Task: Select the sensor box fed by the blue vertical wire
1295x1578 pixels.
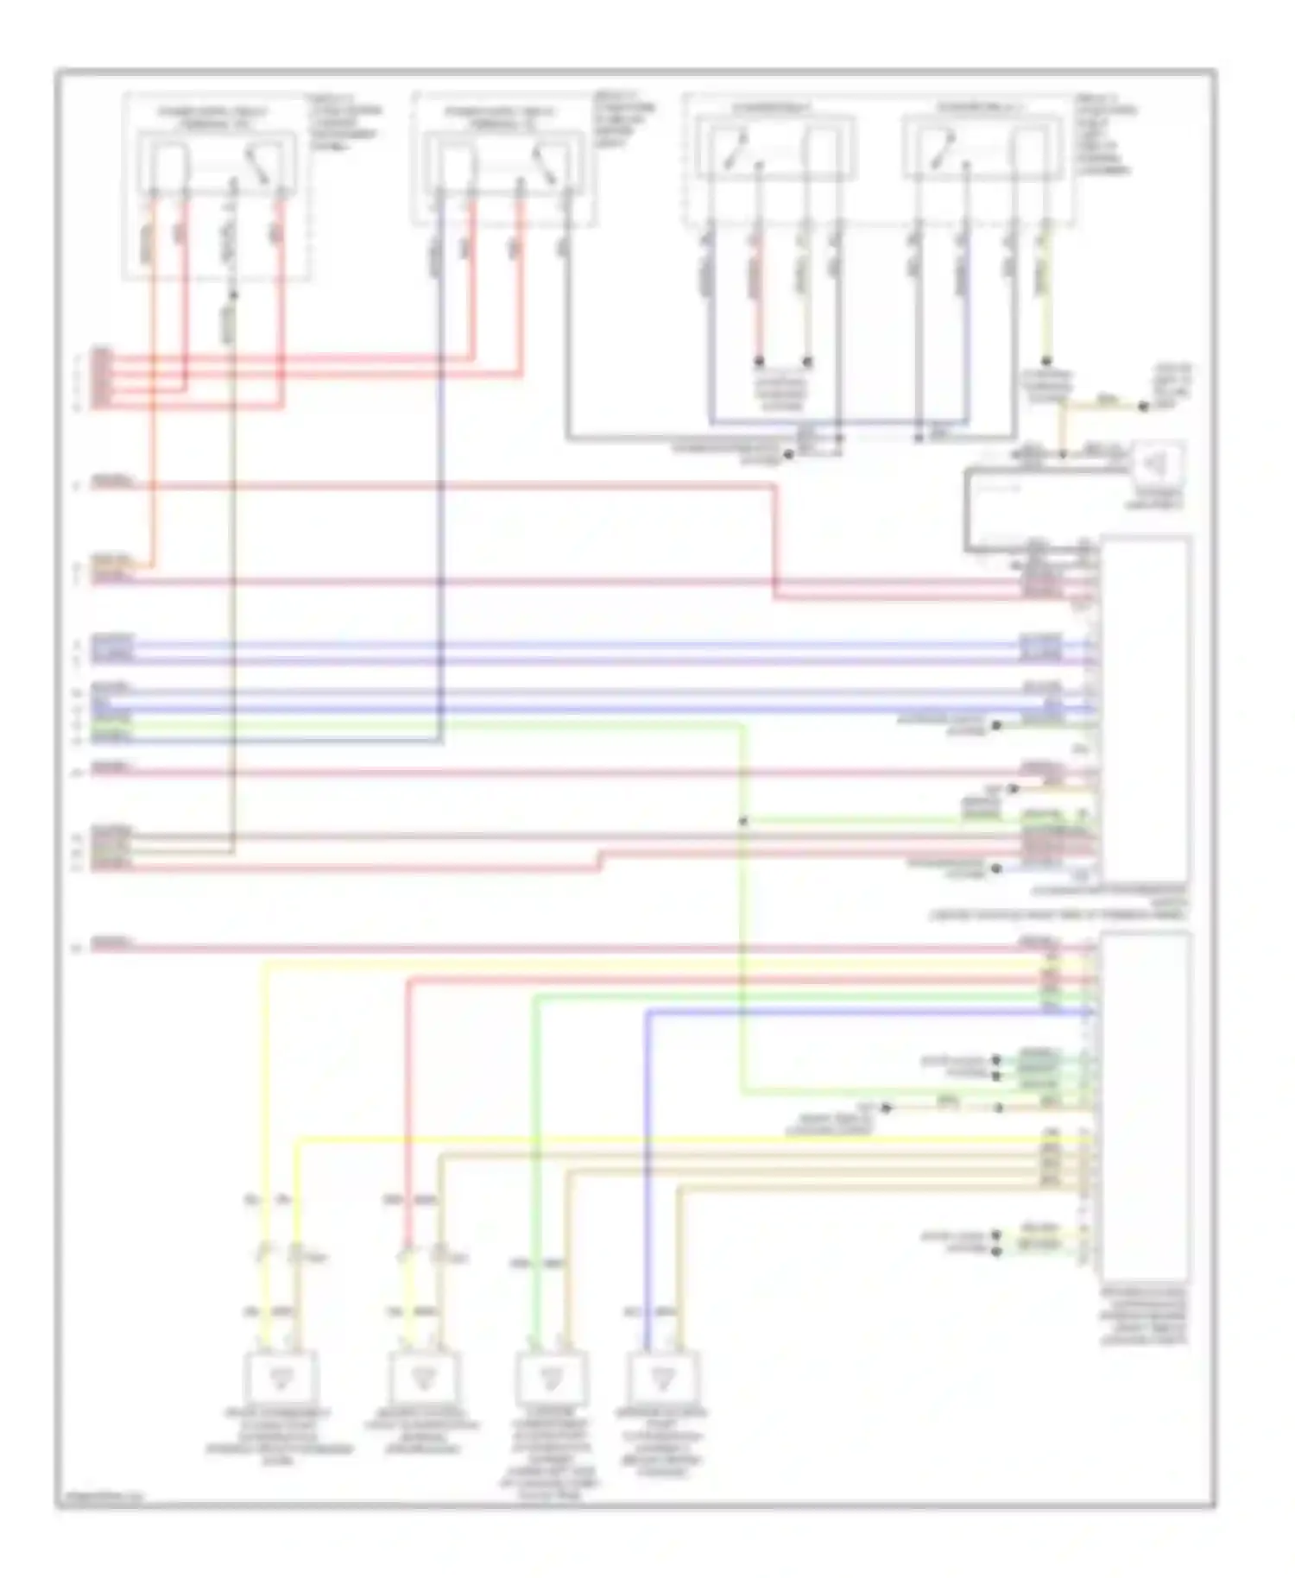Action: pyautogui.click(x=663, y=1379)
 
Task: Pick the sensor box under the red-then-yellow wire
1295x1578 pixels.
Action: pyautogui.click(x=423, y=1379)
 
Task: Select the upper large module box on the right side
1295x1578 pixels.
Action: pyautogui.click(x=1145, y=708)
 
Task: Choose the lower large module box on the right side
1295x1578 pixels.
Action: pyautogui.click(x=1145, y=1105)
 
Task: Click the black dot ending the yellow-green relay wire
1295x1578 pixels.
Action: pyautogui.click(x=1045, y=361)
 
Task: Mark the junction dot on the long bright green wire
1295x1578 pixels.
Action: pyautogui.click(x=742, y=820)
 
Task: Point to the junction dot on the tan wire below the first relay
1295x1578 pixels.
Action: pyautogui.click(x=233, y=295)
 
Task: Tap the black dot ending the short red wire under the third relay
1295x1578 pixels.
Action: pyautogui.click(x=759, y=361)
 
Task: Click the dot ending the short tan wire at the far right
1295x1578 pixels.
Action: pyautogui.click(x=1143, y=406)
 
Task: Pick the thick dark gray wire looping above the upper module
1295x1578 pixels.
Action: pyautogui.click(x=967, y=509)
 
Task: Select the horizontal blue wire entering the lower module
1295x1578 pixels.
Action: pyautogui.click(x=863, y=1012)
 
